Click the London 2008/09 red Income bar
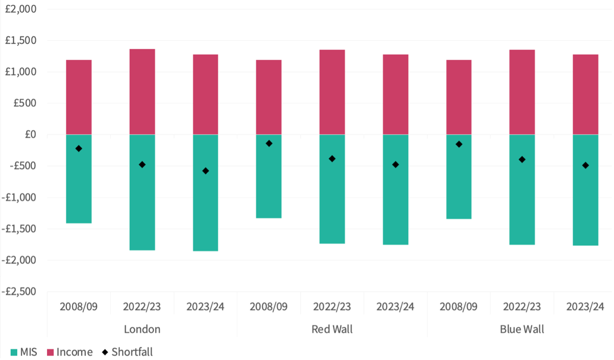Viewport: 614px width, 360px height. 79,97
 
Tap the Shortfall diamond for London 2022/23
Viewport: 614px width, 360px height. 142,164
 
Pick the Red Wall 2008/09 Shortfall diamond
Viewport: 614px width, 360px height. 269,143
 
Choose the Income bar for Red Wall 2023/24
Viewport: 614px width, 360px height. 395,94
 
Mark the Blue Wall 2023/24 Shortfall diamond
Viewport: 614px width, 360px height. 585,165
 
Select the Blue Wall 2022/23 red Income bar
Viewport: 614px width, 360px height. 522,92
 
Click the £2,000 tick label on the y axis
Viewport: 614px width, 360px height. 20,9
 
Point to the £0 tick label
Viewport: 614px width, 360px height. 28,135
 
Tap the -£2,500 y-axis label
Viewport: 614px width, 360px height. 18,292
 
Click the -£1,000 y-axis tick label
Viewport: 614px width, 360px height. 18,198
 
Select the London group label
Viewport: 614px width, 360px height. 142,329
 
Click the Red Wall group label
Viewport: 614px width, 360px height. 332,329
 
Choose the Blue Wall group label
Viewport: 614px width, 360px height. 522,329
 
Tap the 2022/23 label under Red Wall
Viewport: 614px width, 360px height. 332,306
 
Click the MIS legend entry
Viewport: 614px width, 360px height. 24,352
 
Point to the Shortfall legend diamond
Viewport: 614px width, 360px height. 105,352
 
